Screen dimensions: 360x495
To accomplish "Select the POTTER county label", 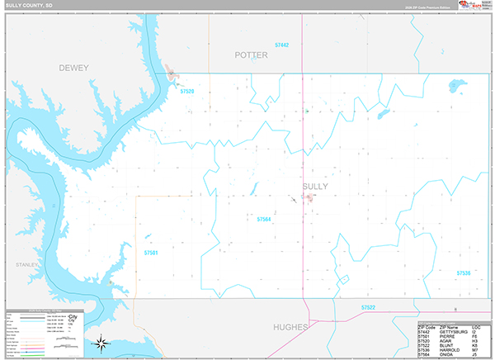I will click(251, 55).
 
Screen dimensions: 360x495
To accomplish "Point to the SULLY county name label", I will click(314, 187).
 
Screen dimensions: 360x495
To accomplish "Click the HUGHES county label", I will click(291, 327).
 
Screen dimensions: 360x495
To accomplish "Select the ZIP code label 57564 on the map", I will click(264, 220).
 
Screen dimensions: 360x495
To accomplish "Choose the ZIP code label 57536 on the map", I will click(462, 272).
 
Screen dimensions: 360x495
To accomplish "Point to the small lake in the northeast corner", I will click(454, 84).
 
